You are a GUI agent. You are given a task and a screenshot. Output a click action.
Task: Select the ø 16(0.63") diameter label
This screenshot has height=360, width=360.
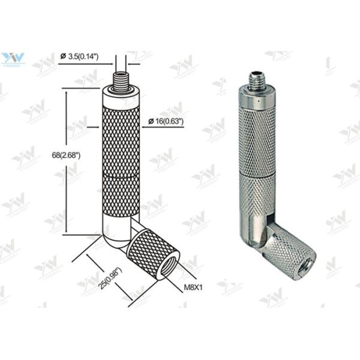point(166,121)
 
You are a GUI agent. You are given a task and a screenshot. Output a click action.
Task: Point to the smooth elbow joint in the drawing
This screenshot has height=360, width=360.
point(118,235)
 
